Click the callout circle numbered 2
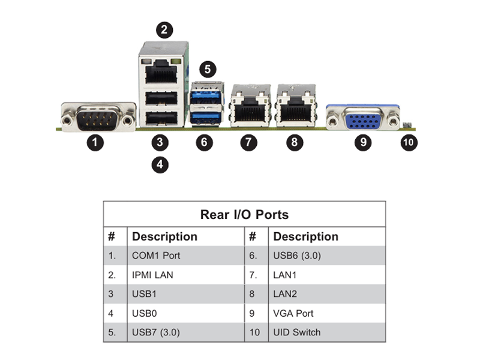pyautogui.click(x=164, y=30)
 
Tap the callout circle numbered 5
pyautogui.click(x=208, y=69)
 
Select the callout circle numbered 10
pyautogui.click(x=409, y=142)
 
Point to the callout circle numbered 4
pyautogui.click(x=160, y=164)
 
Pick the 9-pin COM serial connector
pyautogui.click(x=98, y=117)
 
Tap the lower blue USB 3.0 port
pyautogui.click(x=206, y=117)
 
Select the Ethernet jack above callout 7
pyautogui.click(x=250, y=106)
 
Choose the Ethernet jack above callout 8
pyautogui.click(x=296, y=106)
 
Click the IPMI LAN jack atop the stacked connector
pyautogui.click(x=161, y=71)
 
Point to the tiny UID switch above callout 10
pyautogui.click(x=407, y=125)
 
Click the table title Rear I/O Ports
pyautogui.click(x=244, y=215)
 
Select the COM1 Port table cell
pyautogui.click(x=156, y=256)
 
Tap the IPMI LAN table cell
pyautogui.click(x=152, y=275)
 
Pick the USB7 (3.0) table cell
pyautogui.click(x=156, y=332)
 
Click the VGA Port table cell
pyautogui.click(x=293, y=313)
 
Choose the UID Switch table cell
pyautogui.click(x=296, y=332)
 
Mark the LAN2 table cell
pyautogui.click(x=284, y=294)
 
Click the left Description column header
pyautogui.click(x=164, y=236)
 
